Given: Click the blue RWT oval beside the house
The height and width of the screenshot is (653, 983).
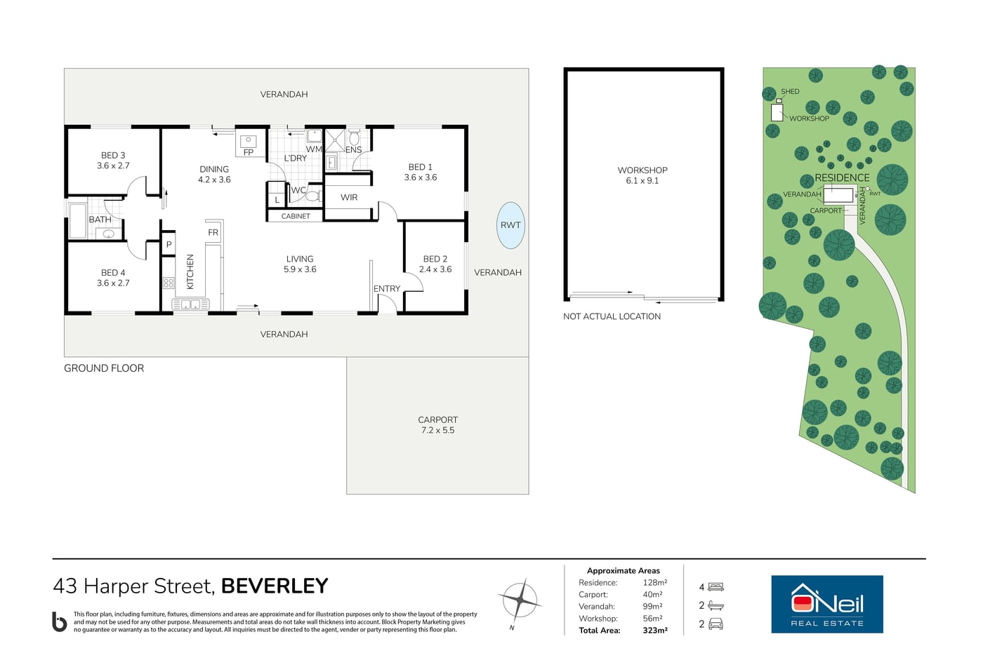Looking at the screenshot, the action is (x=510, y=225).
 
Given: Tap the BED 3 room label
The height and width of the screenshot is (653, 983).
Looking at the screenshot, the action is (x=113, y=155).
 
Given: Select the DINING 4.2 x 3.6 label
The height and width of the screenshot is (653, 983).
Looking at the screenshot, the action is (x=214, y=174).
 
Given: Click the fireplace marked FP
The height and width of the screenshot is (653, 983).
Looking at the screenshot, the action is (x=249, y=143).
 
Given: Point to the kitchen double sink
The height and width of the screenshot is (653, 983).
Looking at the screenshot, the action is (x=190, y=304).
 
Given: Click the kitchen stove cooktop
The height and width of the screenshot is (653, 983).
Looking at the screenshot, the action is (x=169, y=283).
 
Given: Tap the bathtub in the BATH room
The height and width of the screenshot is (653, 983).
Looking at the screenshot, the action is (x=78, y=221).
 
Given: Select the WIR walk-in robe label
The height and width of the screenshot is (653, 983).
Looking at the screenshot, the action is (x=349, y=197).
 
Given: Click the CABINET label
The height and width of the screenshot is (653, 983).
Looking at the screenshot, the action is (x=296, y=216).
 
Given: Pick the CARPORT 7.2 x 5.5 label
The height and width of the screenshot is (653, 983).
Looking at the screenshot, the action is (x=437, y=425).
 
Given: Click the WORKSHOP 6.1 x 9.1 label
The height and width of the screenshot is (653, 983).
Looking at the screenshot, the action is (x=642, y=175).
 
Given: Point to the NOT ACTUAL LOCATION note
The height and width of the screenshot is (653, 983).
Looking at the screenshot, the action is (x=612, y=316).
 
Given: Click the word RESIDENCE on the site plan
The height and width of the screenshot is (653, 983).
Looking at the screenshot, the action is (x=842, y=178).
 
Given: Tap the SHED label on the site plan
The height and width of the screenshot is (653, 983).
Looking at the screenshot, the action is (x=790, y=92).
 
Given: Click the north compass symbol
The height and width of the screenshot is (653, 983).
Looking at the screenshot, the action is (x=520, y=601).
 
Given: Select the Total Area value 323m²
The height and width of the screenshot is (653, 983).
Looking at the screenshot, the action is (x=654, y=631).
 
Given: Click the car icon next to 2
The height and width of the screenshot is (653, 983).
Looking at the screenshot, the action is (x=715, y=624).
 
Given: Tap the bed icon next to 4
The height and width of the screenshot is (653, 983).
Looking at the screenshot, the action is (x=715, y=587).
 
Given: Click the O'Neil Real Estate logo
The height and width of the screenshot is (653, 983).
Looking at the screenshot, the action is (x=827, y=604).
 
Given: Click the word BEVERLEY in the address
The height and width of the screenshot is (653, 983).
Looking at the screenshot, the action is (x=275, y=586).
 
